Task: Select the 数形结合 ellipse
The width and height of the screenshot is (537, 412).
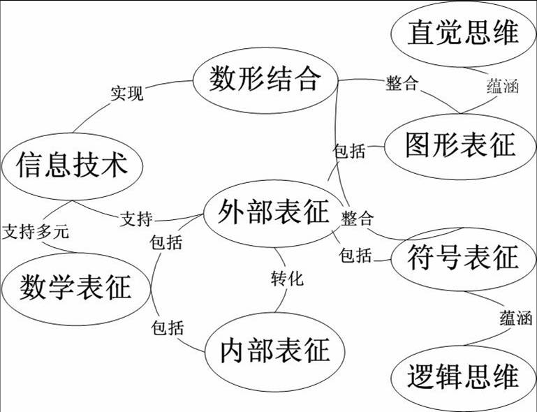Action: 265,80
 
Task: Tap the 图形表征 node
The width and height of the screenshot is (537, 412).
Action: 460,145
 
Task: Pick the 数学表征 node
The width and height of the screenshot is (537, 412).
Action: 75,287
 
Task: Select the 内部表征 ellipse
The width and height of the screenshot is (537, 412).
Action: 274,350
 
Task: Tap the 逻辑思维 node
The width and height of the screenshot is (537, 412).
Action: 463,377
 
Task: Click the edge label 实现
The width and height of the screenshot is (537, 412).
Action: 127,94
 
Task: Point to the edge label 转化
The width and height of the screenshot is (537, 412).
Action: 287,278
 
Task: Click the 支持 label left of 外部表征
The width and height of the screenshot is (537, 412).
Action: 137,219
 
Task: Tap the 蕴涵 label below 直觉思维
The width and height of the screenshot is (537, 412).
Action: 502,87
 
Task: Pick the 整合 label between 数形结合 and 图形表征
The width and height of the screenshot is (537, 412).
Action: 402,83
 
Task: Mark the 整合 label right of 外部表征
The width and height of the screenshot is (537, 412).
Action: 358,219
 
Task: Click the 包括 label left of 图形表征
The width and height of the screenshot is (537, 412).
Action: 349,151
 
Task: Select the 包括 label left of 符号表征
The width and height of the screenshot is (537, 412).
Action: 355,256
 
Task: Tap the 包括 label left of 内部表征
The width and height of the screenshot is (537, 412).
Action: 166,326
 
